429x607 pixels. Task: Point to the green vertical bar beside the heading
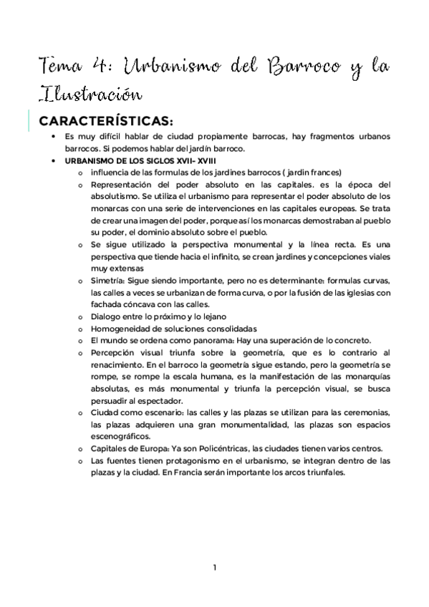click(x=29, y=120)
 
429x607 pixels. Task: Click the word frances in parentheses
click(x=322, y=173)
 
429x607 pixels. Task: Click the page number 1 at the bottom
click(x=215, y=568)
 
